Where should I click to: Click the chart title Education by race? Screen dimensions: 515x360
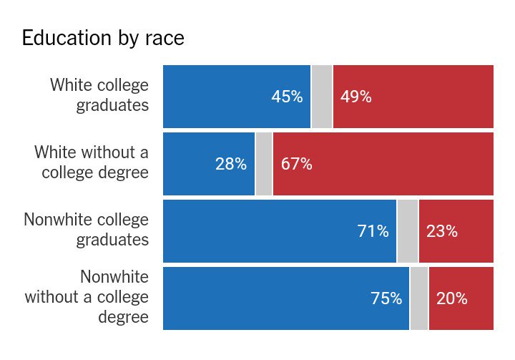(x=103, y=39)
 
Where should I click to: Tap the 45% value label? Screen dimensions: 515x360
(x=287, y=97)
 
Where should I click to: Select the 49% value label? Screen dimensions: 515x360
(x=356, y=97)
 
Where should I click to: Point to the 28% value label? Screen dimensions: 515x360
(x=231, y=164)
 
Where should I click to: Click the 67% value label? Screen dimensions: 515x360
(x=297, y=164)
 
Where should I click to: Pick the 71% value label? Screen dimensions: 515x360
(x=373, y=230)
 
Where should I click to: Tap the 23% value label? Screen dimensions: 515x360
(x=442, y=230)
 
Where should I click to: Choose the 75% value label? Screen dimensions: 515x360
(x=386, y=298)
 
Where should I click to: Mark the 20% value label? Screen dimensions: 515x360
(x=452, y=298)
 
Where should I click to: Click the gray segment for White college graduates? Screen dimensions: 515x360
(x=322, y=97)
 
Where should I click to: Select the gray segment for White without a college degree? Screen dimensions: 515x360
(x=264, y=164)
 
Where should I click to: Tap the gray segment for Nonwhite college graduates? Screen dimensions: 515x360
(x=408, y=230)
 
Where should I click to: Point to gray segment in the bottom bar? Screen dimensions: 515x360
(x=419, y=298)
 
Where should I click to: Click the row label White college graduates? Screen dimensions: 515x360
(x=99, y=95)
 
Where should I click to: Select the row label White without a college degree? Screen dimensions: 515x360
(x=92, y=162)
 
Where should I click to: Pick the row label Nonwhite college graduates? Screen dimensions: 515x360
(x=86, y=230)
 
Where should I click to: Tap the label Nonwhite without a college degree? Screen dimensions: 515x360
(x=87, y=297)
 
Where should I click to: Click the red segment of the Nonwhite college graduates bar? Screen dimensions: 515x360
(x=456, y=230)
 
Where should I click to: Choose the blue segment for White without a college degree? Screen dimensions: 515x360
(x=209, y=164)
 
